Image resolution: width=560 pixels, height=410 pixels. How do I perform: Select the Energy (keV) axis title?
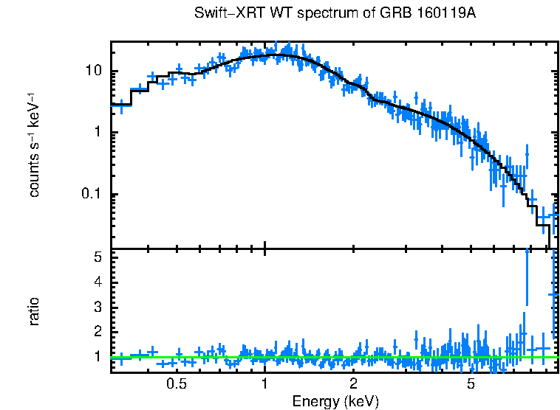[335, 401]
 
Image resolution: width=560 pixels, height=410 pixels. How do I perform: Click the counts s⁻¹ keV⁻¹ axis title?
[33, 145]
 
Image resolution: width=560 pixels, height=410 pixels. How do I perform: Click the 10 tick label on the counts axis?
[92, 72]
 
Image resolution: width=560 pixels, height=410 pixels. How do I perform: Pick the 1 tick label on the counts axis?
[97, 133]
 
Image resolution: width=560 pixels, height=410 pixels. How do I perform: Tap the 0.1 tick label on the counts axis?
[90, 195]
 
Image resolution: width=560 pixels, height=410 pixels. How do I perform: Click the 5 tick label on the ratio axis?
[97, 257]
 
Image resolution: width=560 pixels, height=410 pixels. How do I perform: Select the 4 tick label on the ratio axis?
[97, 282]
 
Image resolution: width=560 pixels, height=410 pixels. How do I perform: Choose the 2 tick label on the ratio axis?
[97, 332]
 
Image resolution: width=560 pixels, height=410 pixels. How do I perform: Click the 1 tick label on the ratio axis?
[97, 357]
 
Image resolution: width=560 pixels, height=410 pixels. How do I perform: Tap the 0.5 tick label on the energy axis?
[176, 384]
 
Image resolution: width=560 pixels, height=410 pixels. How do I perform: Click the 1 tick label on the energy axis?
[264, 384]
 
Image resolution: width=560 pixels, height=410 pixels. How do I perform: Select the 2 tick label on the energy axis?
[353, 384]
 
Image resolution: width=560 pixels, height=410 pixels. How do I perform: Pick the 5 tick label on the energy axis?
[471, 384]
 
